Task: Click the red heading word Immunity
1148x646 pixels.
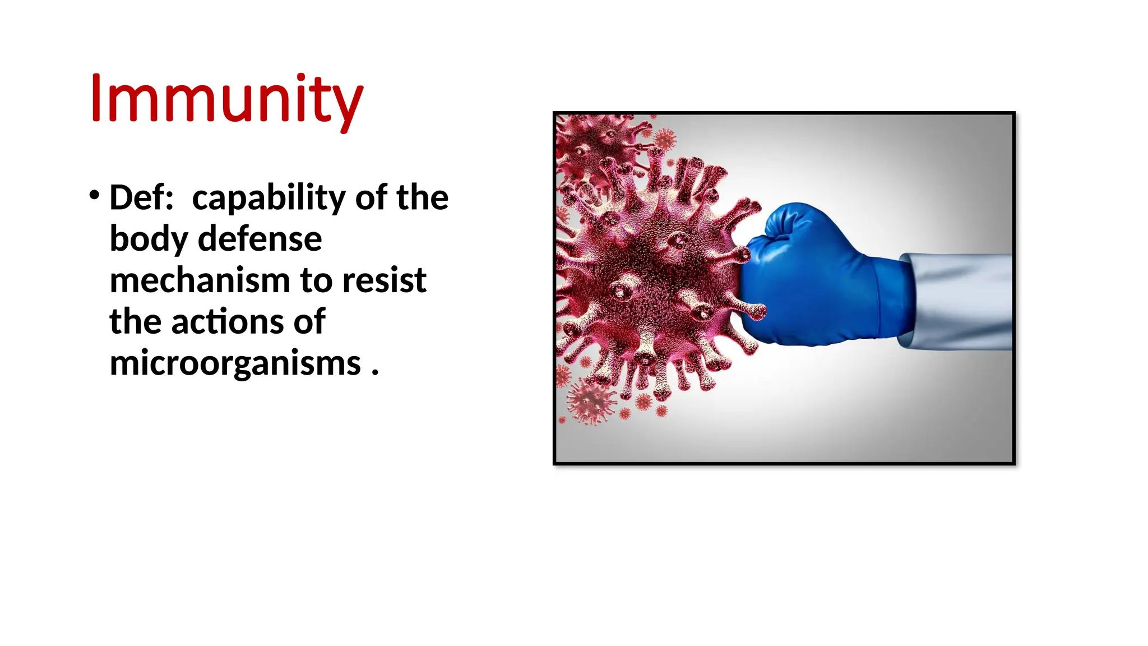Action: [226, 100]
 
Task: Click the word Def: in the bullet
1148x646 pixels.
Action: [141, 198]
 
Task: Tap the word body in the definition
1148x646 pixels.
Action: [148, 240]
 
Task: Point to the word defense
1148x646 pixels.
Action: [260, 239]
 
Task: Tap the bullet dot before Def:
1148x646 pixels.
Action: [94, 195]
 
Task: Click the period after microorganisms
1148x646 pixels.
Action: [374, 371]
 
